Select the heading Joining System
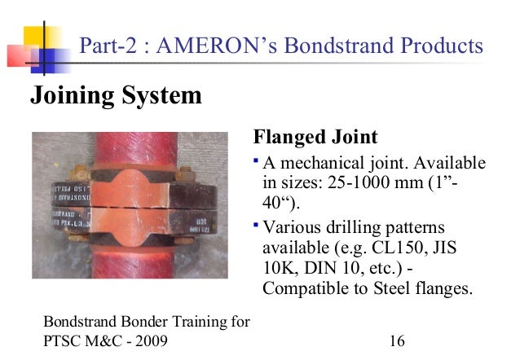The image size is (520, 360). (115, 96)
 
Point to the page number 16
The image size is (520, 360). (397, 340)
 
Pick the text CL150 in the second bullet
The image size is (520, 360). (420, 246)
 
